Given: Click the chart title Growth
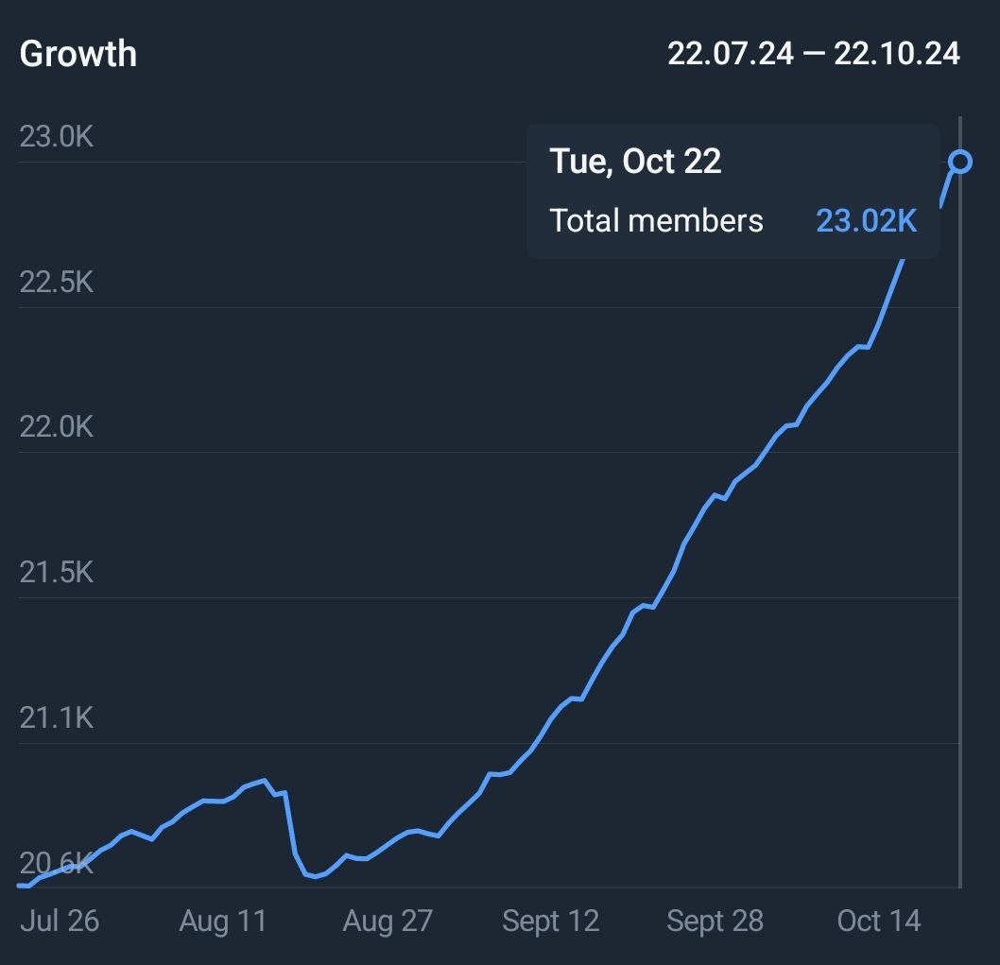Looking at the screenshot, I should (x=78, y=54).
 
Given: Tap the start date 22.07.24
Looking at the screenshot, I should (x=730, y=54).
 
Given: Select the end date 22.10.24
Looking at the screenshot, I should (x=897, y=54).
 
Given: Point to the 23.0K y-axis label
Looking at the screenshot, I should (x=57, y=137).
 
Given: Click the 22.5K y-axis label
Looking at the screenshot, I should (x=57, y=283).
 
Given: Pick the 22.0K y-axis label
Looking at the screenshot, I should (x=57, y=427).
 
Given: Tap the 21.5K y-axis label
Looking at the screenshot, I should (x=57, y=573).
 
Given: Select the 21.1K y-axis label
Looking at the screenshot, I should (x=57, y=718).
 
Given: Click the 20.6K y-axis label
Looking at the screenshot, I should (x=57, y=863).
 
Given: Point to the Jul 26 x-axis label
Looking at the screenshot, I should (x=60, y=922).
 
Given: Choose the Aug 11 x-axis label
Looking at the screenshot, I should (x=223, y=922).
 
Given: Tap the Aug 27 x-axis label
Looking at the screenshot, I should (x=388, y=922).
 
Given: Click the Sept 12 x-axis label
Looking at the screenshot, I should (x=551, y=922).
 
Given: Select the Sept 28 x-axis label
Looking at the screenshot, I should (x=715, y=922).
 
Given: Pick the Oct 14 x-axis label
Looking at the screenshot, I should (x=879, y=922).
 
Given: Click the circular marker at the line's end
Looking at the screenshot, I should (x=960, y=163).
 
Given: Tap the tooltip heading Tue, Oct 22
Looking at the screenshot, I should (x=635, y=162).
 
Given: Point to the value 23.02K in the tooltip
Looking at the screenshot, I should (x=867, y=221).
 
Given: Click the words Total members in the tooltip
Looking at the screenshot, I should (x=656, y=221).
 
